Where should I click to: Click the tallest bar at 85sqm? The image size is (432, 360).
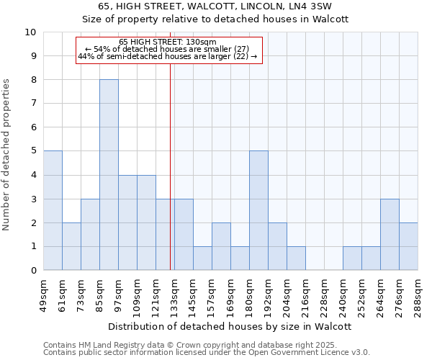pos(109,175)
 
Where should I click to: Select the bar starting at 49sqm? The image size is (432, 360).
pos(53,210)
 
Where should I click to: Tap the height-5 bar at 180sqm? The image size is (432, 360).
pos(258,210)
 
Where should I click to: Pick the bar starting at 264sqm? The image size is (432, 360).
pos(390,234)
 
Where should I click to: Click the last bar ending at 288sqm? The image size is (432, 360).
pos(408,246)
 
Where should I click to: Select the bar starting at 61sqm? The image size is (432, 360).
pos(71,246)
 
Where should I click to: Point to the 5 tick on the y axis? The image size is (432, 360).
pos(32,151)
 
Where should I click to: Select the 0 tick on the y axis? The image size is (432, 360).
pos(32,271)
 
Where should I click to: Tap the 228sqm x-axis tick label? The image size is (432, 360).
pos(325,294)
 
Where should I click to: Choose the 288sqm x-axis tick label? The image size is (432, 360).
pos(418,294)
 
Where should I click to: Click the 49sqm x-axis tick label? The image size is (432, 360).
pos(44,294)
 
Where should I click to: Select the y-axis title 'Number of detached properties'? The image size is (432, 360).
pos(6,155)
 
